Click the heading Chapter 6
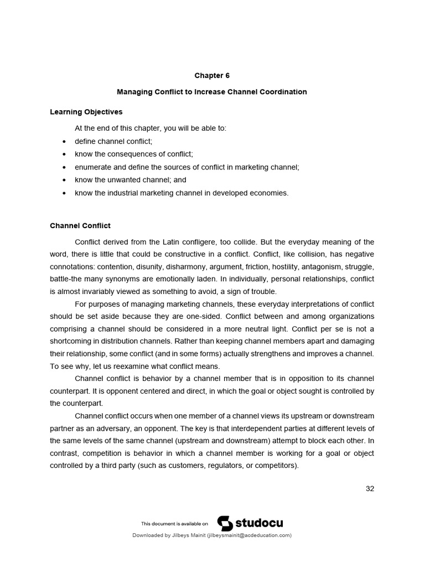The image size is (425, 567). tap(212, 75)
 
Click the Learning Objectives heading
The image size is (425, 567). tap(86, 112)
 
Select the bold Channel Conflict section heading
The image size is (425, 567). tap(80, 225)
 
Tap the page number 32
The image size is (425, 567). tap(370, 488)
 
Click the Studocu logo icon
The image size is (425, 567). tap(224, 523)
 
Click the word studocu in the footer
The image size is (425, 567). tap(259, 523)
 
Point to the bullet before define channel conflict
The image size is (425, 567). tap(65, 141)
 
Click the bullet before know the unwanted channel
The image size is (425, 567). tap(65, 180)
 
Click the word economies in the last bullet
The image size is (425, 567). tap(271, 193)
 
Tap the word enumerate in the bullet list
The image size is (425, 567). tap(92, 167)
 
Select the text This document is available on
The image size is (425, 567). tap(175, 523)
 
